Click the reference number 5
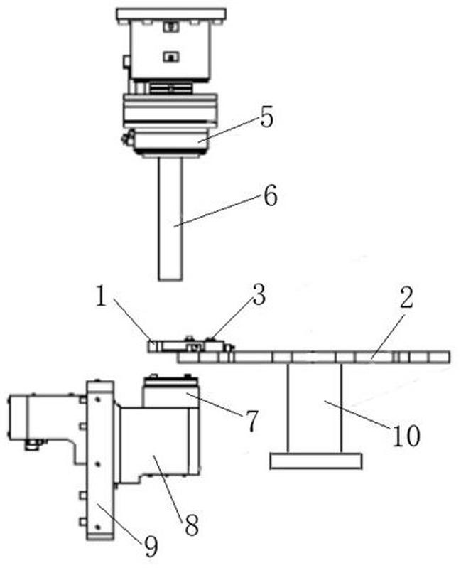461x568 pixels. pyautogui.click(x=266, y=118)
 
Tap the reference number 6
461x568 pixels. pyautogui.click(x=270, y=195)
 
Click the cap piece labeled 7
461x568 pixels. pyautogui.click(x=170, y=391)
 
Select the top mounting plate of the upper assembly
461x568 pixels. pyautogui.click(x=170, y=14)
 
